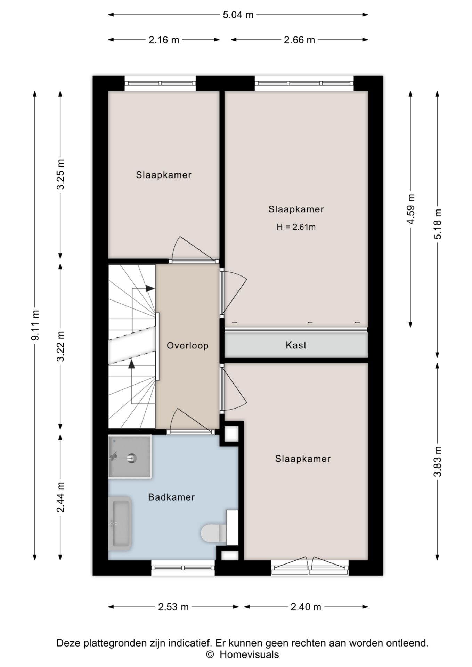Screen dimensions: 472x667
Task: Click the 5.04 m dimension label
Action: tap(238, 15)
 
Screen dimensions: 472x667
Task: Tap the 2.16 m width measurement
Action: tap(164, 40)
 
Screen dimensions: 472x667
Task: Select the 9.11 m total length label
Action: tap(35, 325)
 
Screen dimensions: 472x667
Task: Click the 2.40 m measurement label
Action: tap(306, 607)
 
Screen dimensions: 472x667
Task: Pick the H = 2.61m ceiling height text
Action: tap(296, 227)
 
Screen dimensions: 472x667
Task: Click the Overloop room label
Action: tap(188, 346)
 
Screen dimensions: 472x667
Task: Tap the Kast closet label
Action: tap(296, 345)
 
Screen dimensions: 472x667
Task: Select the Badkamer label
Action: tap(171, 497)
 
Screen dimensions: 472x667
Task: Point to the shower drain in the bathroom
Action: tap(131, 458)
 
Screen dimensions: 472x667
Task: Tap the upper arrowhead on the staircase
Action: tap(150, 288)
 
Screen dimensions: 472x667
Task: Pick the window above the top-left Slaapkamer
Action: tap(160, 83)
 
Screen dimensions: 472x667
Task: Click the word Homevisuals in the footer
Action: tap(249, 654)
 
